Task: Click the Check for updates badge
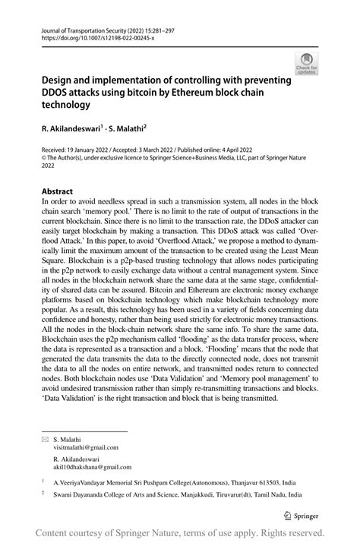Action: click(307, 62)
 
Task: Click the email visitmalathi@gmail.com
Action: click(85, 450)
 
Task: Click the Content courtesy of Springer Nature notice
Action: click(180, 533)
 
